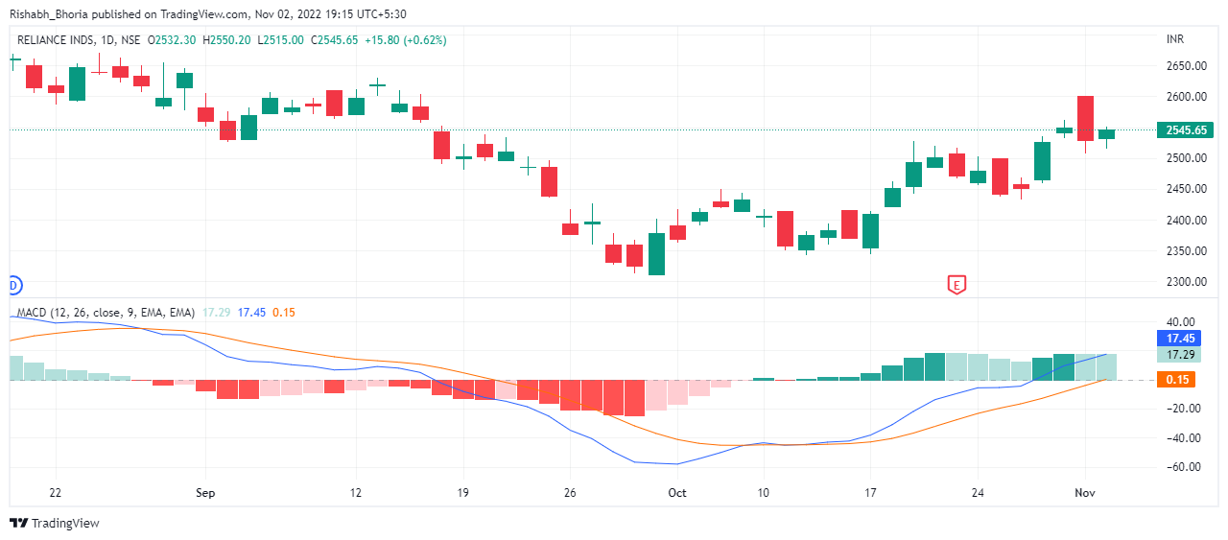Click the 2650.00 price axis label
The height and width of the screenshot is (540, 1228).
(x=1185, y=66)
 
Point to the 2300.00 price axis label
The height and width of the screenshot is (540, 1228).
(x=1185, y=282)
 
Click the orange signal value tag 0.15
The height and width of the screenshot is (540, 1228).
(x=1175, y=380)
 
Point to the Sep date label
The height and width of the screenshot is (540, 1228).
(x=205, y=493)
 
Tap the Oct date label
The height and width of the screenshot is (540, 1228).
(x=677, y=493)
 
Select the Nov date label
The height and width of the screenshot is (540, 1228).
(x=1085, y=493)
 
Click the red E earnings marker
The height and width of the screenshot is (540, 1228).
(x=956, y=284)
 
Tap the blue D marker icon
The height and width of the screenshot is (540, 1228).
(x=13, y=285)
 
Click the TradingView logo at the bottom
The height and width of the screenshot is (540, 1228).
(x=55, y=523)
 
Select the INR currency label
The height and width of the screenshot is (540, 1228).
(x=1174, y=39)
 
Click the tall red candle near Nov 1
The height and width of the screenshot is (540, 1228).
(x=1086, y=118)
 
